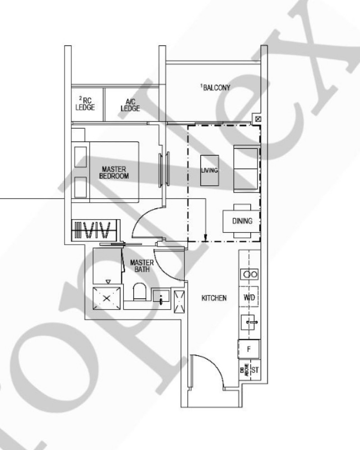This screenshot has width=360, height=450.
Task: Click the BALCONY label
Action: point(216,88)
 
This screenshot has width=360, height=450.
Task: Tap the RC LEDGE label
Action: point(85,104)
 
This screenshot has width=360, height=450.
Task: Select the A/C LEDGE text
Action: point(130,105)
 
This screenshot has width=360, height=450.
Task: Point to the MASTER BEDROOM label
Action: point(113,172)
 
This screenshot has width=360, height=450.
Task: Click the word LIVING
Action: point(210,171)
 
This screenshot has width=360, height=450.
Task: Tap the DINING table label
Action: point(242,221)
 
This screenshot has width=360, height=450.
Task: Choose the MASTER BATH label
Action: point(142,265)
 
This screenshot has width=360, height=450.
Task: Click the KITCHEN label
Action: point(214,298)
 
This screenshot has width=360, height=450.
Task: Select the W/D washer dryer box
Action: point(249,297)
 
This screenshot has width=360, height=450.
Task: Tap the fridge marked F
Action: point(249,348)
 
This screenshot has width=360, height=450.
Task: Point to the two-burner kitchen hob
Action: point(249,274)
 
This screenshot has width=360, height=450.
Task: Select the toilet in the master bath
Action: point(139,292)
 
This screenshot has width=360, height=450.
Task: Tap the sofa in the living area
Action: point(246,169)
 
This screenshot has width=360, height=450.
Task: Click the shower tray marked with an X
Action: point(107,298)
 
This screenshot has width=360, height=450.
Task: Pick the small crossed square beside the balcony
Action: point(257,119)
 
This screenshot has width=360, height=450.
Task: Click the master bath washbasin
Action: point(161,297)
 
